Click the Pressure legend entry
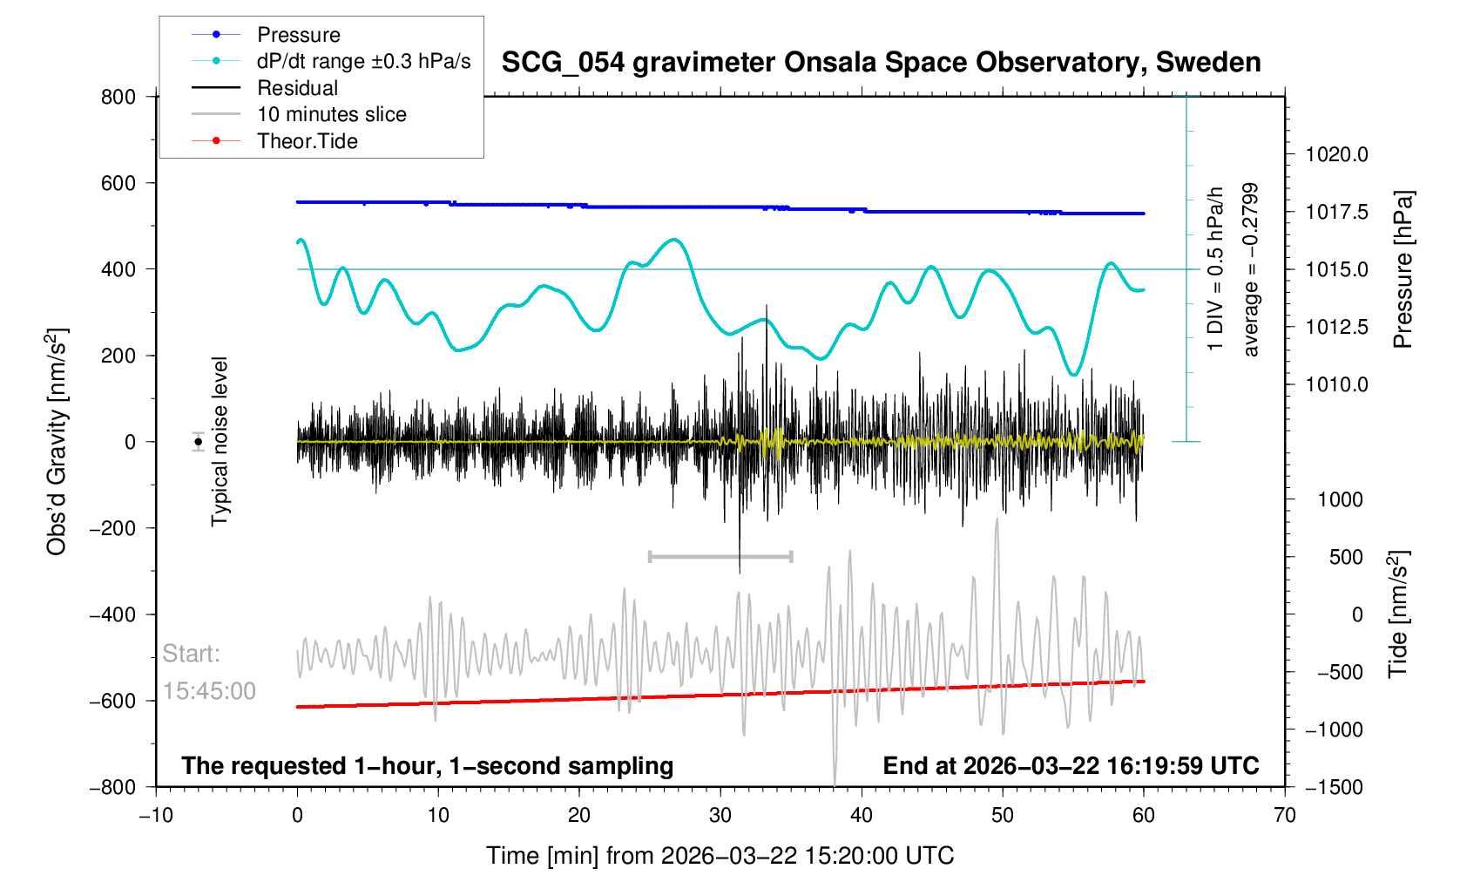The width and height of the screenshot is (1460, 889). (x=298, y=35)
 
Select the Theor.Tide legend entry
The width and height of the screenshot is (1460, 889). (x=307, y=141)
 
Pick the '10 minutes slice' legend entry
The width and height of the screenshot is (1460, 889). (x=331, y=114)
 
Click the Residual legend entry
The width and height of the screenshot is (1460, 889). (x=297, y=88)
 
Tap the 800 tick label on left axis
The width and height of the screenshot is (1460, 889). (x=118, y=97)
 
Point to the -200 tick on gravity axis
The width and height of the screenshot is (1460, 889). (x=112, y=528)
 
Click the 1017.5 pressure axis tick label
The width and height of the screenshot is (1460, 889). (x=1336, y=212)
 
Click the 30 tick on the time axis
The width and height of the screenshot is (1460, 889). (x=720, y=816)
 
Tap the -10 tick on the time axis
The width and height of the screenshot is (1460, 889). (x=156, y=816)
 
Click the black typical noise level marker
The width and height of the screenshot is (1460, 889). (x=199, y=442)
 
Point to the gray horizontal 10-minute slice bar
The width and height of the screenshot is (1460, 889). (x=720, y=556)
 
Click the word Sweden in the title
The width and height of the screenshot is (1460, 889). (x=1208, y=63)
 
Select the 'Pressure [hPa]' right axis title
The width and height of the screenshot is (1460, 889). (x=1402, y=269)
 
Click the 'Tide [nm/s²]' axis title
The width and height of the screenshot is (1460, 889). (x=1397, y=614)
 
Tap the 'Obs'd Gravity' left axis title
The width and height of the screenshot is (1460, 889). (x=57, y=441)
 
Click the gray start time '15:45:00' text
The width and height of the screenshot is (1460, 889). (x=209, y=691)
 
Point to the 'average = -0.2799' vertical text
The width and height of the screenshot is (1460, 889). (x=1251, y=269)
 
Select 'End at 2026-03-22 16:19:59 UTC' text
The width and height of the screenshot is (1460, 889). (x=1071, y=766)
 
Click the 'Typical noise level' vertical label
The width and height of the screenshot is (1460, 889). (x=220, y=441)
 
